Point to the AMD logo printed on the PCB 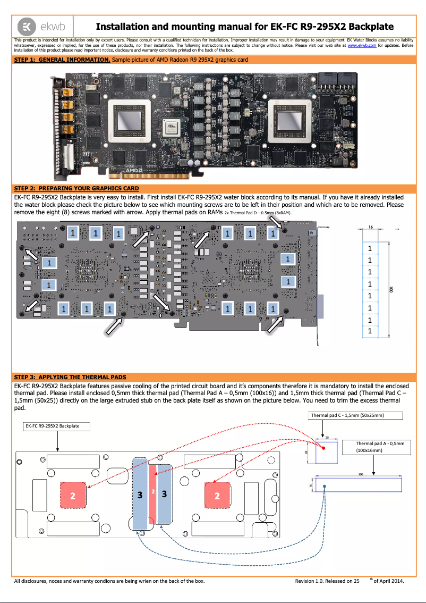pos(137,171)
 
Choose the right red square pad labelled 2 pos(217,496)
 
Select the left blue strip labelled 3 pos(140,494)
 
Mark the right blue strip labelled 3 pos(165,494)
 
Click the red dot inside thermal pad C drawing pos(323,448)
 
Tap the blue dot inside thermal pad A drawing pos(325,486)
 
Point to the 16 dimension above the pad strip pos(370,227)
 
